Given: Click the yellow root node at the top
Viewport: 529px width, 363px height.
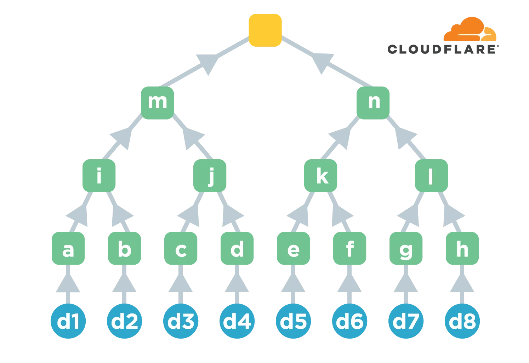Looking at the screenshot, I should point(265,30).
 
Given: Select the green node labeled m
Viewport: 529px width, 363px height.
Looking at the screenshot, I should point(158,103).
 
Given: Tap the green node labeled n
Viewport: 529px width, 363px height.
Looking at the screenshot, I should point(374,103).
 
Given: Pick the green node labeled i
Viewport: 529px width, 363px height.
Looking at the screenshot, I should point(99,176).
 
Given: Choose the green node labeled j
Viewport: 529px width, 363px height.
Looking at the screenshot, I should point(210,176).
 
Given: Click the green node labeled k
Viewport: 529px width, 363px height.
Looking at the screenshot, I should point(321,176).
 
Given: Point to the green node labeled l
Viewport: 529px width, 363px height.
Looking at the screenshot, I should point(431,176).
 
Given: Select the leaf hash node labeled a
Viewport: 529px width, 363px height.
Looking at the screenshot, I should point(68,249).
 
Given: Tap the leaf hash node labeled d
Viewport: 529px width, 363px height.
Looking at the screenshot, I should point(237,249).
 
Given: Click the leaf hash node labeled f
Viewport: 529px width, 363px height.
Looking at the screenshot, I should point(349,249).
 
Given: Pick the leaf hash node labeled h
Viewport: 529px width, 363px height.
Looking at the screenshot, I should point(462,249).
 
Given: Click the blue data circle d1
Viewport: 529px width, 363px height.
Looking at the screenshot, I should point(68,322).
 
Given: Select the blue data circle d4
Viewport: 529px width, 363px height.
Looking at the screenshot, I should point(237,322).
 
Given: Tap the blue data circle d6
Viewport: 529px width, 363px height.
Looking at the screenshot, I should point(349,322).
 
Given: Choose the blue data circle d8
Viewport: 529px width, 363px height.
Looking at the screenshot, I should point(462,322).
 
